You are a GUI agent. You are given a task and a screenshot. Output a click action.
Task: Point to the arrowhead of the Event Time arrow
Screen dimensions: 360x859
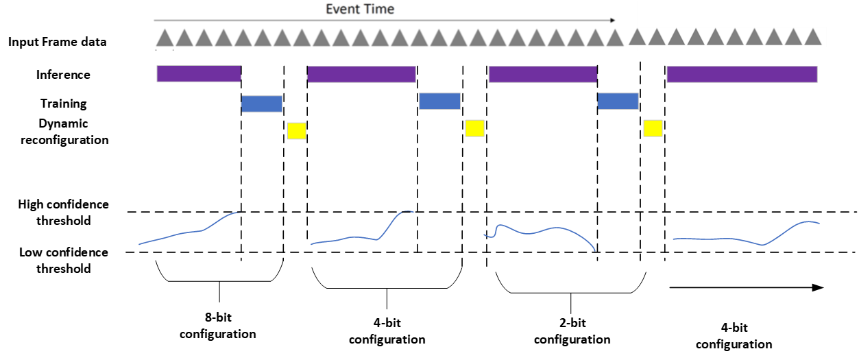[x=612, y=21]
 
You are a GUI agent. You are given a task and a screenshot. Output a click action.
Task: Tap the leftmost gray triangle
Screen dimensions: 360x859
[x=164, y=38]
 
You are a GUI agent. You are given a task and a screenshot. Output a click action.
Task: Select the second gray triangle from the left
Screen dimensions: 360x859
[x=183, y=38]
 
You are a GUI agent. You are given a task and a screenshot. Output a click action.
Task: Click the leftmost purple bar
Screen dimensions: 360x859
[x=199, y=73]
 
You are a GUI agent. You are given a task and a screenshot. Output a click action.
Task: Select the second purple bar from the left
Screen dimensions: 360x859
[x=361, y=74]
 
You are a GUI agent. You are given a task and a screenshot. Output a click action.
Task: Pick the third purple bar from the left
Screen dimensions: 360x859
[x=542, y=74]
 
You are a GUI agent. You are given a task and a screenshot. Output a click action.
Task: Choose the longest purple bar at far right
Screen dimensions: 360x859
[x=742, y=74]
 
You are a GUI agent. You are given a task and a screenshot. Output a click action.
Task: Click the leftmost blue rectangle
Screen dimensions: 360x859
[x=262, y=104]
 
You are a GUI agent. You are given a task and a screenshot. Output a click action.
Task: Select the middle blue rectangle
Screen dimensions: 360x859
[x=439, y=101]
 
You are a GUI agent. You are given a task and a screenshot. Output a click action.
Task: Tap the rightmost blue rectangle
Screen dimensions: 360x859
[x=618, y=101]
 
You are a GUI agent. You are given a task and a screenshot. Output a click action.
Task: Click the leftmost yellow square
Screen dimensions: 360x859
[x=297, y=131]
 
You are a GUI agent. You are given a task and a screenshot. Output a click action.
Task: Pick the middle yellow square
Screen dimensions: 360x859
[x=474, y=128]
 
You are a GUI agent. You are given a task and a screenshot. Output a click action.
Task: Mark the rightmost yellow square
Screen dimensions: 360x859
[x=653, y=128]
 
